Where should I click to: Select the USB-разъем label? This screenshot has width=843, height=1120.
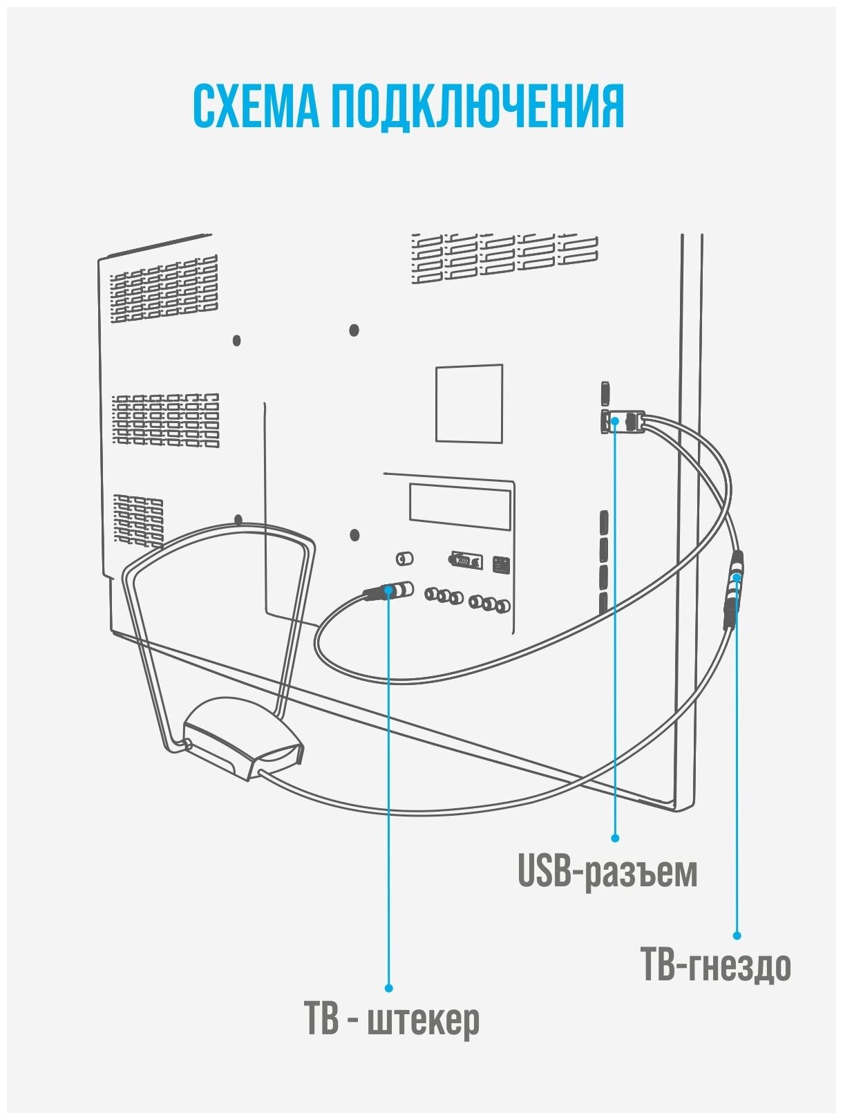(x=607, y=872)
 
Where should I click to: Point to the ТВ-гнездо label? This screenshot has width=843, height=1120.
(x=716, y=966)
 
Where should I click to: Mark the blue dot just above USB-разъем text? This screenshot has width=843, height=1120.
(x=615, y=838)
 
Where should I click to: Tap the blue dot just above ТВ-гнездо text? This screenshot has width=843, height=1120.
(x=737, y=935)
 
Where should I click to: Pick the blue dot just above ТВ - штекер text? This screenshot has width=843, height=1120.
(x=388, y=989)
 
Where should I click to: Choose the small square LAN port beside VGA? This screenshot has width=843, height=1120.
(x=501, y=564)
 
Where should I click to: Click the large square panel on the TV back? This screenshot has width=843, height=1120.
(x=468, y=404)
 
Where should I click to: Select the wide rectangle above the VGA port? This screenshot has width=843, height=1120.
(x=460, y=507)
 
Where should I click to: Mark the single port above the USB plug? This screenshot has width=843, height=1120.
(x=605, y=393)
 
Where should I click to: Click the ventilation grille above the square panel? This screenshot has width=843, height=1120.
(x=504, y=258)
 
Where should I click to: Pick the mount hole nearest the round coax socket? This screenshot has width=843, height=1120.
(x=354, y=535)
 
